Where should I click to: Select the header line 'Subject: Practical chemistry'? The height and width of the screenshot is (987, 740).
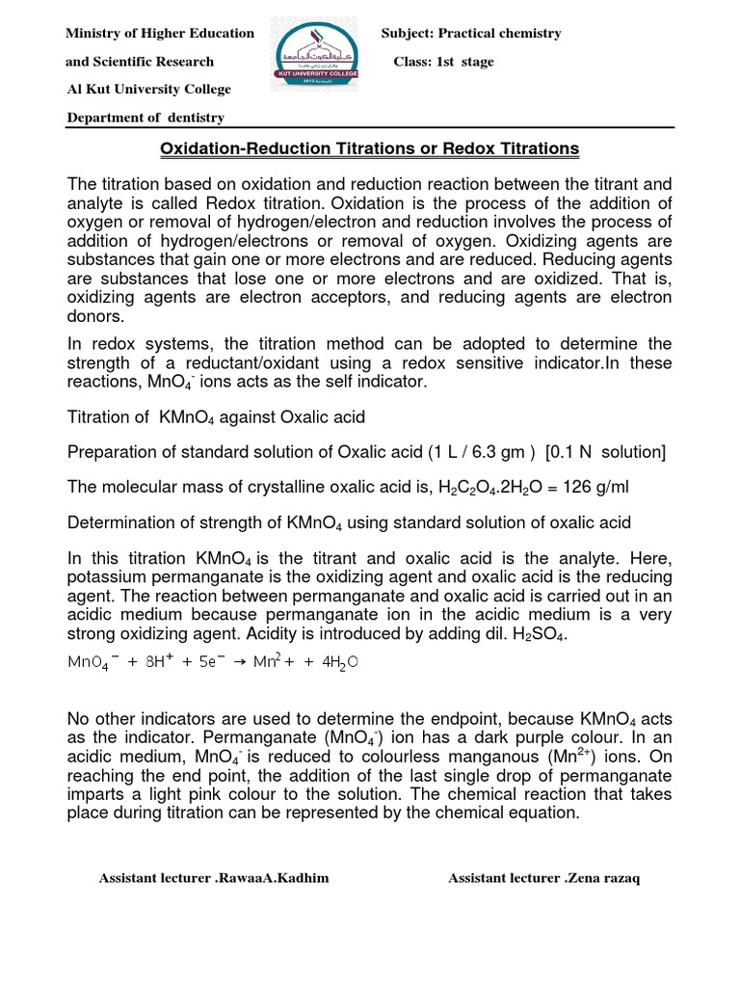[x=471, y=34]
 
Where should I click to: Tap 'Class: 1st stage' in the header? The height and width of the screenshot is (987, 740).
[x=443, y=62]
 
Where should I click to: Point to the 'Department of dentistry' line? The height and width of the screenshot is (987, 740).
[x=145, y=118]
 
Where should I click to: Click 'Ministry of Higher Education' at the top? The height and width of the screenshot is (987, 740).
[x=159, y=34]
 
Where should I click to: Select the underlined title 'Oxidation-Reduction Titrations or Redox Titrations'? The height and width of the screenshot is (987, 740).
[x=368, y=148]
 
